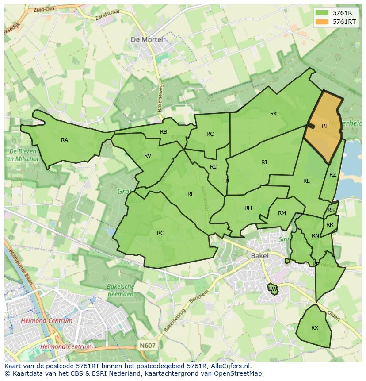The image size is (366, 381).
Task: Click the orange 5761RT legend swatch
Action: (x=323, y=22)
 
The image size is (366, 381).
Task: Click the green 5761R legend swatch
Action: (x=323, y=13)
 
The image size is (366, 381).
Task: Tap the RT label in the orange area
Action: (x=325, y=126)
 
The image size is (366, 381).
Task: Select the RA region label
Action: (x=65, y=140)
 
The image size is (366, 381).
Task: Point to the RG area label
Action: (x=160, y=233)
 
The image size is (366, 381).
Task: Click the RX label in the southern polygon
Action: (x=315, y=328)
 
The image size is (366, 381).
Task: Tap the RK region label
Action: (x=274, y=114)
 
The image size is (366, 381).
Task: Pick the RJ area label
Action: (x=264, y=162)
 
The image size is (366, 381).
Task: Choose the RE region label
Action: (x=191, y=194)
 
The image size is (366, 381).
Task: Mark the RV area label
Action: (x=148, y=156)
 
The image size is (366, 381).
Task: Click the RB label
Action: (x=164, y=132)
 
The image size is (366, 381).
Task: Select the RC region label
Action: (x=210, y=134)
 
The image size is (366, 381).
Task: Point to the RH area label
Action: (x=248, y=208)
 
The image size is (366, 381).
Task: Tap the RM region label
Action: (x=282, y=213)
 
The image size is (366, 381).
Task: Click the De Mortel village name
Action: (x=147, y=40)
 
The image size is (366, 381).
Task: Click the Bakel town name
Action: (x=259, y=256)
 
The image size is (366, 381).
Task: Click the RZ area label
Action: (x=333, y=175)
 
